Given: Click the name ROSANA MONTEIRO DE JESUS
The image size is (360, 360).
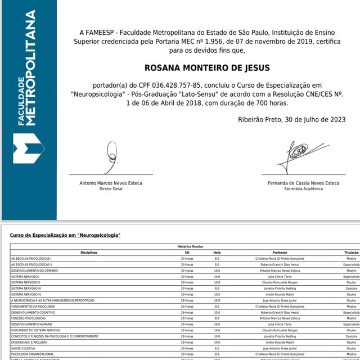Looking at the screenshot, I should coord(207,67).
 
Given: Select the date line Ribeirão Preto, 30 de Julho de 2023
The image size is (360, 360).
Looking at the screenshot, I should coord(291,119).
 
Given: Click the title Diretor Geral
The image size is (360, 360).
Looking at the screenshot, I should coord(110,189).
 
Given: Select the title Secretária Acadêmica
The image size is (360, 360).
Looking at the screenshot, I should coord(304,189).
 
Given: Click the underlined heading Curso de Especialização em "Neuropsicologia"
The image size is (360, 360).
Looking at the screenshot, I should coord(65,235).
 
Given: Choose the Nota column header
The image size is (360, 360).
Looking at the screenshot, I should coord(217,253).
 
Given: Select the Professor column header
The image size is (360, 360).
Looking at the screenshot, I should coord(280,253).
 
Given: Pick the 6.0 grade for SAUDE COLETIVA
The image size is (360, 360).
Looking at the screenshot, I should coord(217,348).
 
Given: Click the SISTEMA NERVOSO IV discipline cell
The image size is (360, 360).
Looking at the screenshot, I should coord(26,294).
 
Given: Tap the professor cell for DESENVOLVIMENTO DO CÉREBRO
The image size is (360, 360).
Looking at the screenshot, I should coord(280,271).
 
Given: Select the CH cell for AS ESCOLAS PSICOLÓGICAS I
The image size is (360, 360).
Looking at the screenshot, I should coord(187,258).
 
